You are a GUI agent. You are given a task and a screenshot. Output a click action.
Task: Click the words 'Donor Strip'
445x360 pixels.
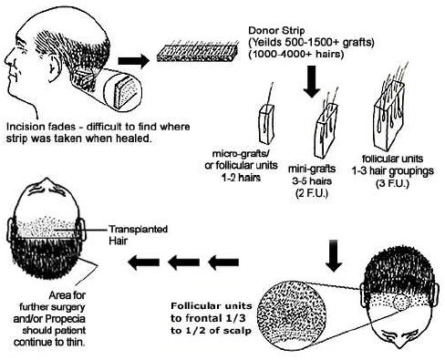276,30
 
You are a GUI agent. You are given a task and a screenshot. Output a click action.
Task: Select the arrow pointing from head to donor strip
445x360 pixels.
134,61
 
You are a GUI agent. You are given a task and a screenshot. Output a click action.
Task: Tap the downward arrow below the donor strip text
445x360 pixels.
312,81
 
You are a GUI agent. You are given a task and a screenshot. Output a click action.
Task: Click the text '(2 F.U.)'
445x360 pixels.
312,193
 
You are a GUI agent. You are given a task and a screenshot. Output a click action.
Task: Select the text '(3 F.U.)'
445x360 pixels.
392,183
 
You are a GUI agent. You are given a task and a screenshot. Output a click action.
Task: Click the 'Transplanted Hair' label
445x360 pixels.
138,235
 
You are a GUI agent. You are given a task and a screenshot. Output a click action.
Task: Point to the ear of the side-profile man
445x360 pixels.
52,67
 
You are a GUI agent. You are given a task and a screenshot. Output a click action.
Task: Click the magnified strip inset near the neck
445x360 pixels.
122,90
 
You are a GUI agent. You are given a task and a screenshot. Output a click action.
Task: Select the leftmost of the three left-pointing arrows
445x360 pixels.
143,262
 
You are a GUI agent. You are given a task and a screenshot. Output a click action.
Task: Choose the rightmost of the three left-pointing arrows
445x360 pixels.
222,262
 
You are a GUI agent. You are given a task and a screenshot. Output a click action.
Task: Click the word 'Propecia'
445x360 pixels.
65,319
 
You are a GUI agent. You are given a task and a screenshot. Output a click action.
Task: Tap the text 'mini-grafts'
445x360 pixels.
312,169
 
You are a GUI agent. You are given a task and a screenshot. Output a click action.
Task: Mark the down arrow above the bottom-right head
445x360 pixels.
334,255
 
